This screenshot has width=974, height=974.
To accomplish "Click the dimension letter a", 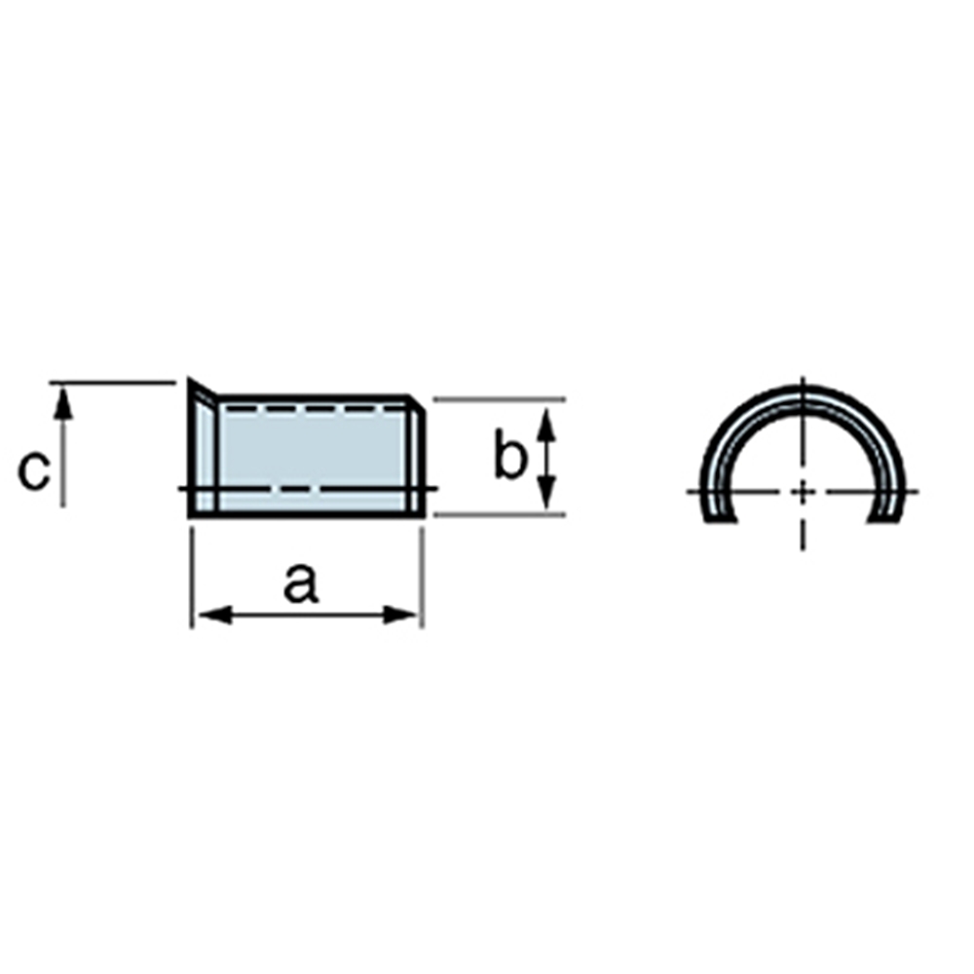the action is [301, 583].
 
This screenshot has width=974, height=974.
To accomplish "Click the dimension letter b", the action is [510, 453].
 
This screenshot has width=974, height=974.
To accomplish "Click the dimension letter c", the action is [33, 470].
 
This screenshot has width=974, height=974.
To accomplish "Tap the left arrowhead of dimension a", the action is [215, 616].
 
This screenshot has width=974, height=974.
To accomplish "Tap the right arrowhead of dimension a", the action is [399, 616].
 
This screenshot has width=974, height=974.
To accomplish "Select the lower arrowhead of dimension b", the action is [545, 492].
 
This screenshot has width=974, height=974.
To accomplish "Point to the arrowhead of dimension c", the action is [62, 401].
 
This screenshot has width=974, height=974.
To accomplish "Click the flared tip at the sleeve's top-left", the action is [190, 379].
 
